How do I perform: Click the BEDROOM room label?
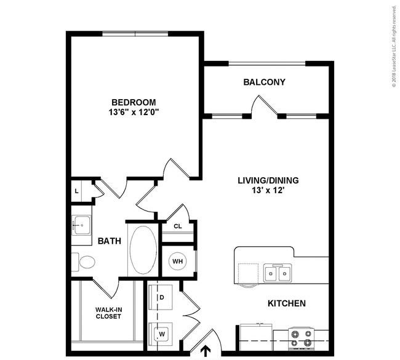click(x=134, y=102)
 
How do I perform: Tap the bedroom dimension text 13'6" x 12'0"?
click(x=134, y=112)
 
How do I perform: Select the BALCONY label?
click(x=264, y=82)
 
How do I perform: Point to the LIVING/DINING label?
click(x=268, y=180)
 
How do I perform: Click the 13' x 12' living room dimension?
click(x=268, y=190)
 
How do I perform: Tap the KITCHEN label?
click(x=287, y=303)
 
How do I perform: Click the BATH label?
click(x=110, y=241)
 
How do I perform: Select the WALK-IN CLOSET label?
click(x=108, y=313)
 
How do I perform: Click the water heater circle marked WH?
click(x=178, y=262)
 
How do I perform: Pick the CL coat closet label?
click(x=178, y=226)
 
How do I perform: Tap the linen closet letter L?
click(x=76, y=191)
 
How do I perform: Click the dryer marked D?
click(x=161, y=297)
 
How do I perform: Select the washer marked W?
click(x=161, y=334)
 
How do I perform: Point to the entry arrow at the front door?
click(x=206, y=351)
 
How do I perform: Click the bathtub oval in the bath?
click(x=143, y=250)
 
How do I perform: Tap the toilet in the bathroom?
click(x=84, y=262)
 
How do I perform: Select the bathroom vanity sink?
click(x=81, y=226)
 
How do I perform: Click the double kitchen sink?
click(x=278, y=273)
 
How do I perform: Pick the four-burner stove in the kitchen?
click(x=302, y=338)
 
